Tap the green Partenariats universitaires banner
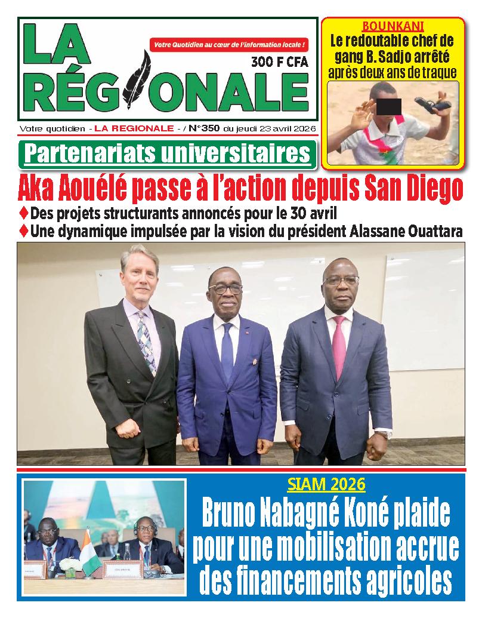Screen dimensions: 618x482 (x=167, y=154)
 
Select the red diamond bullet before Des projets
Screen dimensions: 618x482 (x=24, y=212)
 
